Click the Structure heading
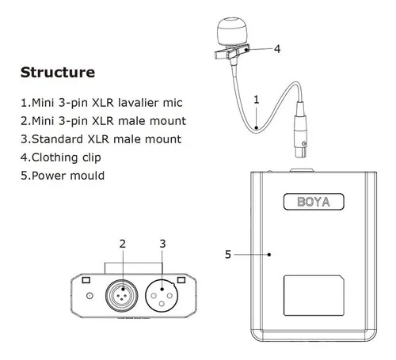tap(56, 73)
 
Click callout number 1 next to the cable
tap(256, 100)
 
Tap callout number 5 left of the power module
tap(228, 255)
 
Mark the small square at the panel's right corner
tap(181, 281)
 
